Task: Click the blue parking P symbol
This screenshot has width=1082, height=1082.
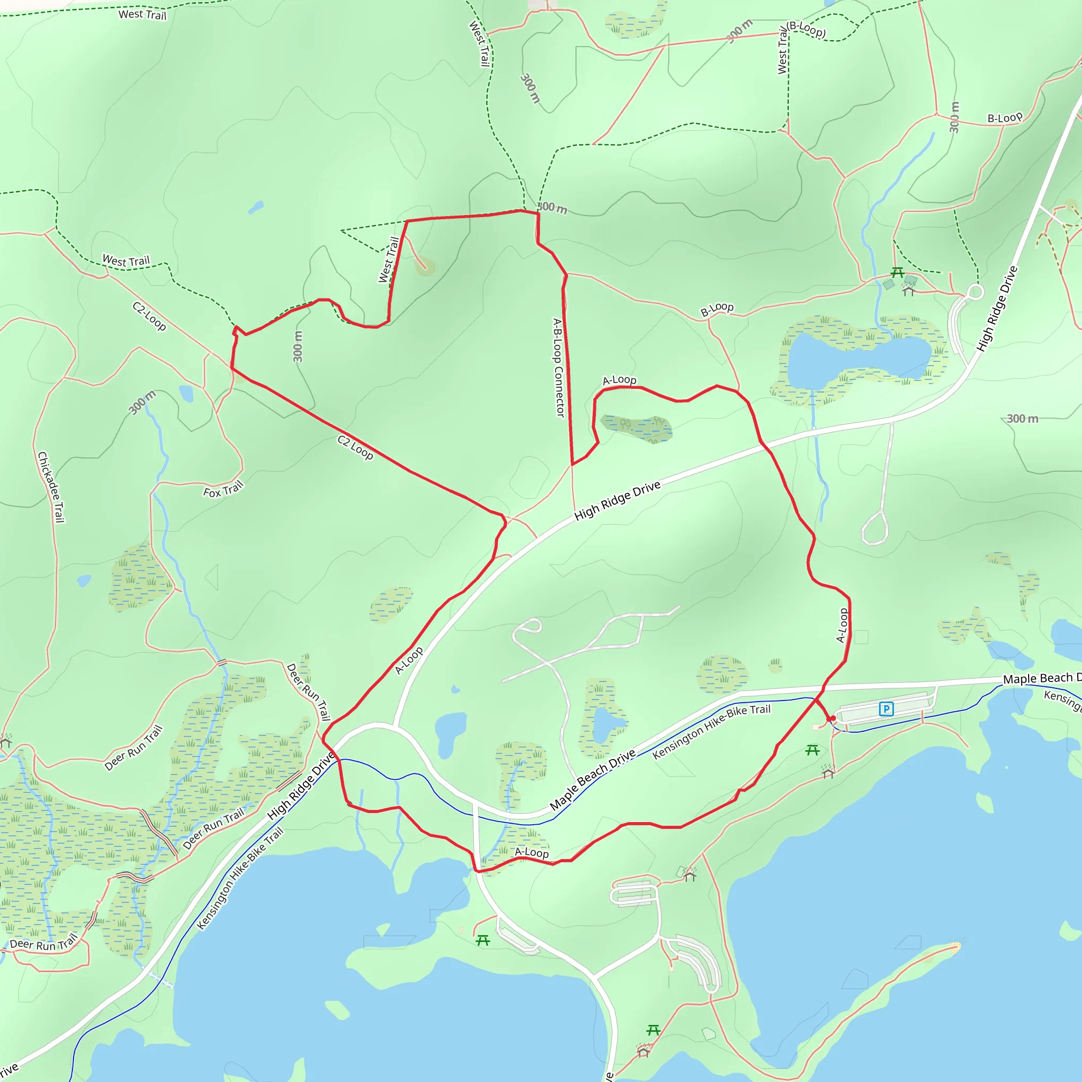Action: click(x=886, y=709)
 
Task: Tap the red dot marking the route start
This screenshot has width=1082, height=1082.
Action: click(x=833, y=718)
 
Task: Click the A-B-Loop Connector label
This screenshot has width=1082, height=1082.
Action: click(x=558, y=367)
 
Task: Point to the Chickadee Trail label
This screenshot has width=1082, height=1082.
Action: click(x=51, y=487)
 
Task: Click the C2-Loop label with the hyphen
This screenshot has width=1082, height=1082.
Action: click(x=149, y=316)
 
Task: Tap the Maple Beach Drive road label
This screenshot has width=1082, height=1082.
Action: click(x=593, y=779)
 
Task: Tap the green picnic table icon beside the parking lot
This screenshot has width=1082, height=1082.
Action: click(x=812, y=750)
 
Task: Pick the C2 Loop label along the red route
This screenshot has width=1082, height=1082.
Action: click(x=355, y=447)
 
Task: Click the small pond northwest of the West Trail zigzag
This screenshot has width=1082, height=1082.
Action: click(x=255, y=207)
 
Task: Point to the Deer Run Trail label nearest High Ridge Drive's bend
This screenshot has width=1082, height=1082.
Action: click(x=308, y=692)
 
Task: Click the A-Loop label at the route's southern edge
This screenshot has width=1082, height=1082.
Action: click(x=531, y=852)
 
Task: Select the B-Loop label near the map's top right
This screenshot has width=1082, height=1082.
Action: click(x=1005, y=118)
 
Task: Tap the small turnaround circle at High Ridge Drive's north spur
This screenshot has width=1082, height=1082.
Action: click(x=976, y=292)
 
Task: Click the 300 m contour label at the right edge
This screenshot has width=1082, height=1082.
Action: click(x=1023, y=418)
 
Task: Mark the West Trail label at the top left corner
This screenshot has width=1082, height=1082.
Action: click(x=142, y=15)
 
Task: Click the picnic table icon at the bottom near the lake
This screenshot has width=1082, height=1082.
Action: click(x=653, y=1030)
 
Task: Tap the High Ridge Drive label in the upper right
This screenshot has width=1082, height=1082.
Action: click(x=997, y=309)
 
